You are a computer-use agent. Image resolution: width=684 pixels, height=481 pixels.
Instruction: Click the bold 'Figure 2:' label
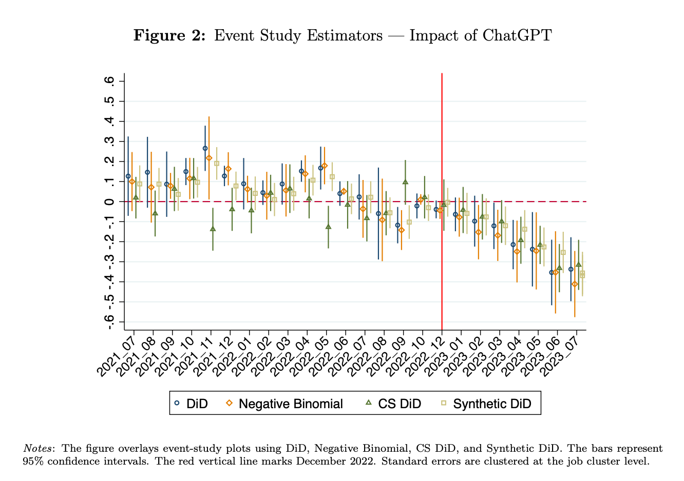tap(170, 35)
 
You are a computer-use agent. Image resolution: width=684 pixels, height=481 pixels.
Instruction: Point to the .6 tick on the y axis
tap(109, 82)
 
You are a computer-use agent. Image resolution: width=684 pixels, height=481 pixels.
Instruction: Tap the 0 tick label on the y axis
tap(109, 202)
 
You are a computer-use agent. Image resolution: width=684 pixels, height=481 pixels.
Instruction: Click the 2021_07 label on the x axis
tap(118, 353)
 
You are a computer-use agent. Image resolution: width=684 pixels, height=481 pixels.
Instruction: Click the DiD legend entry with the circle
tap(191, 404)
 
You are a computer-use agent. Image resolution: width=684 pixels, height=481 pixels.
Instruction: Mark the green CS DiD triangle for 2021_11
tap(213, 229)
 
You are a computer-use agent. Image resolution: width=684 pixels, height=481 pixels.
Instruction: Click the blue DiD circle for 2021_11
tap(205, 148)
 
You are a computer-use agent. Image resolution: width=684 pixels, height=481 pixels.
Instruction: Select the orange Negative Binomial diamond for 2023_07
tap(575, 284)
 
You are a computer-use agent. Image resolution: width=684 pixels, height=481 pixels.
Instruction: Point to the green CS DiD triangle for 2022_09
tap(405, 182)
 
